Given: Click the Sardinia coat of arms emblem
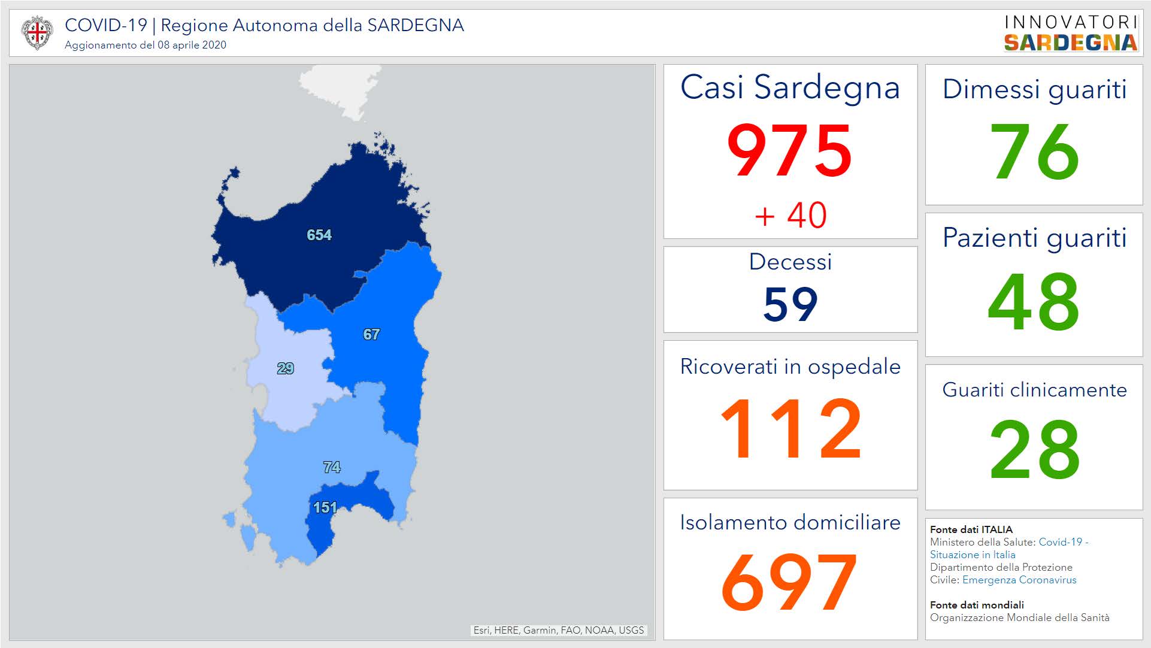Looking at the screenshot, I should (37, 32).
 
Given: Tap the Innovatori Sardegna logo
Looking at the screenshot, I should (1071, 33).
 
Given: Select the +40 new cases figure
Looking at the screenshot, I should (790, 215).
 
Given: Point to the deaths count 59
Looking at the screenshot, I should (790, 304).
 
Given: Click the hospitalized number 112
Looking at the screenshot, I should (790, 429).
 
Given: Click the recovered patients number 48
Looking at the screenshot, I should (1034, 301).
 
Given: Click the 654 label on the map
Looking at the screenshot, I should (319, 235).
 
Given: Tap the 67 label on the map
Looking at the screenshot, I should (371, 335).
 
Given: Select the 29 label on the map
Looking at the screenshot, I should (286, 369).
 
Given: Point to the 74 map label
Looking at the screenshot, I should (332, 467).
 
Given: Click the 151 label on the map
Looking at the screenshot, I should (325, 508).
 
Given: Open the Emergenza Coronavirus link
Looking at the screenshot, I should (1019, 580).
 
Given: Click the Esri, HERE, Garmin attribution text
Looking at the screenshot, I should (558, 630).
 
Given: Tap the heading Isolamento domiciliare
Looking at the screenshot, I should (790, 523).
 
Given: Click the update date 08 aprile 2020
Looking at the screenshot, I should (192, 45).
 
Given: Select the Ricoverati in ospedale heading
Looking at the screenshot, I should (790, 367).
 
